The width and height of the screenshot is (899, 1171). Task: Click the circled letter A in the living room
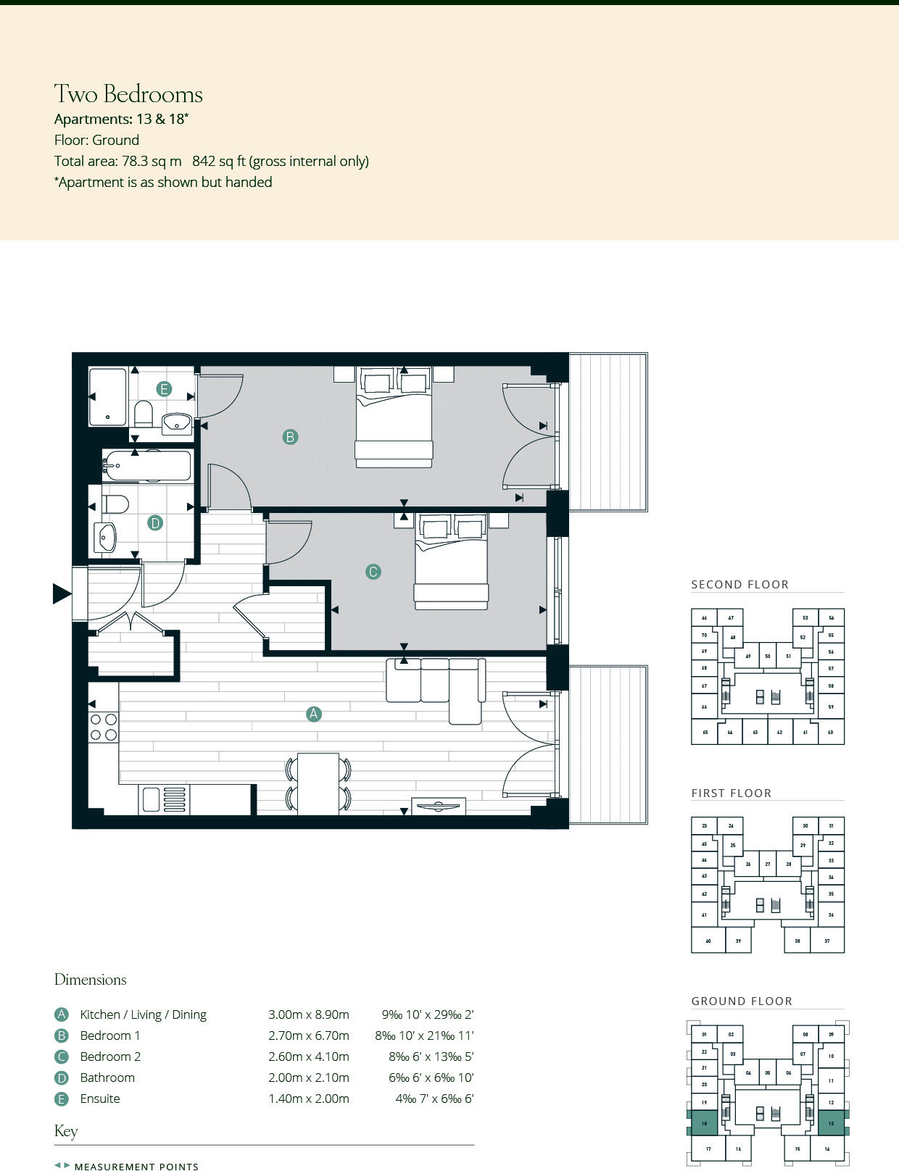[313, 714]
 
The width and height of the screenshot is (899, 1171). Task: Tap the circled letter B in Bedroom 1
[290, 437]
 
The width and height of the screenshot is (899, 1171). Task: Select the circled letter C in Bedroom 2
[373, 572]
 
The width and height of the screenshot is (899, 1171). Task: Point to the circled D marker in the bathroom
[154, 522]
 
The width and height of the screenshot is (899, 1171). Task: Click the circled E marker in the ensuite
[164, 389]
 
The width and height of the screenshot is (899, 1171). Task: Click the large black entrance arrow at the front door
[62, 593]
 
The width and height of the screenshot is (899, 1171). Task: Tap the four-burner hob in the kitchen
[103, 727]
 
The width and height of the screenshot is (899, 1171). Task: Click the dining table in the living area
[318, 783]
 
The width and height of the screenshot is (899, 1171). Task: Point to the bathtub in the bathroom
[147, 466]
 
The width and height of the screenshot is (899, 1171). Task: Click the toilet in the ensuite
[144, 414]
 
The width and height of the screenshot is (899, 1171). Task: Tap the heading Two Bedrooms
[128, 94]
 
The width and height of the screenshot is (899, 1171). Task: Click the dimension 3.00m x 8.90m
[308, 1014]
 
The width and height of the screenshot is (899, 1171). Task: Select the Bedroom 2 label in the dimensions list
[110, 1057]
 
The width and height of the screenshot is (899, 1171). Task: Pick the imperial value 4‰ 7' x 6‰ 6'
[434, 1099]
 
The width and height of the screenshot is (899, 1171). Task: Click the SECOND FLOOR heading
[739, 584]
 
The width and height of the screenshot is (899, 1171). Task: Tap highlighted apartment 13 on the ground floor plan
[831, 1123]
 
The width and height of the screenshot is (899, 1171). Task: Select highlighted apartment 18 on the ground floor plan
[704, 1123]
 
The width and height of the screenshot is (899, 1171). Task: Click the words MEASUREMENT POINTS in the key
[136, 1166]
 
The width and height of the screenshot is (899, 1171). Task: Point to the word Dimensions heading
[90, 980]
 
